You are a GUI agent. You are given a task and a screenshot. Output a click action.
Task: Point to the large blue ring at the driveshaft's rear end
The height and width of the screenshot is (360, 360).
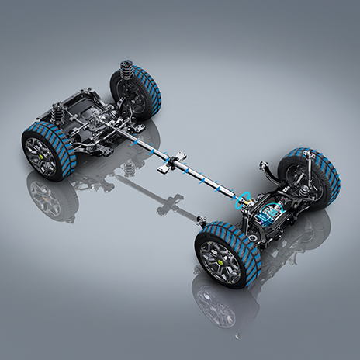(244, 199)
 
